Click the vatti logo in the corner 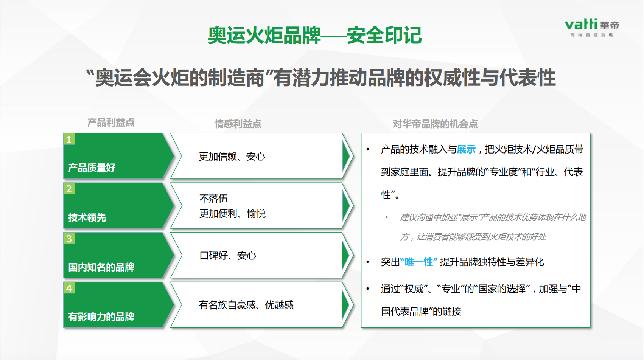[x=592, y=28]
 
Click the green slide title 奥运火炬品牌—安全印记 [x=315, y=35]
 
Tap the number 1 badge [x=69, y=139]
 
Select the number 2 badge [x=69, y=189]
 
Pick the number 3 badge [x=69, y=239]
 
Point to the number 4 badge [x=69, y=288]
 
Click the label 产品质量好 [x=92, y=168]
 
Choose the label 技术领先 [x=87, y=217]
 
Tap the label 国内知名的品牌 [x=101, y=267]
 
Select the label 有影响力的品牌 [x=101, y=317]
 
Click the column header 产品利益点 [x=111, y=123]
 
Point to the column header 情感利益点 [x=238, y=124]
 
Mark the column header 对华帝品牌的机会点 [x=435, y=124]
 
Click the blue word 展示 [x=466, y=149]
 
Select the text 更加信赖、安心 [x=232, y=157]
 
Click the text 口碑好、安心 [x=227, y=255]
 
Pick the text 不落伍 [x=213, y=199]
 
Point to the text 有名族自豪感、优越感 [x=246, y=305]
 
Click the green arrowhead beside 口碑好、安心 [x=346, y=255]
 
